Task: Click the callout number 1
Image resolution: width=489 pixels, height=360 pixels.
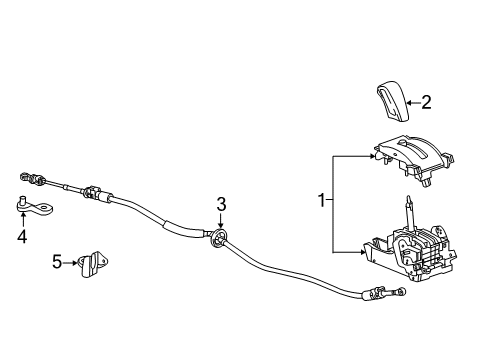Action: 321,202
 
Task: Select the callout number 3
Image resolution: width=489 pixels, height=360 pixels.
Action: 221,204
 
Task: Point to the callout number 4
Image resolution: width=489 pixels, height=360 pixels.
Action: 21,237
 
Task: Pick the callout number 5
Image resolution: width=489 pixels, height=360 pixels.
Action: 58,262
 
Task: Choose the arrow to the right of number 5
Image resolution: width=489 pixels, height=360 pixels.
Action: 71,262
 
